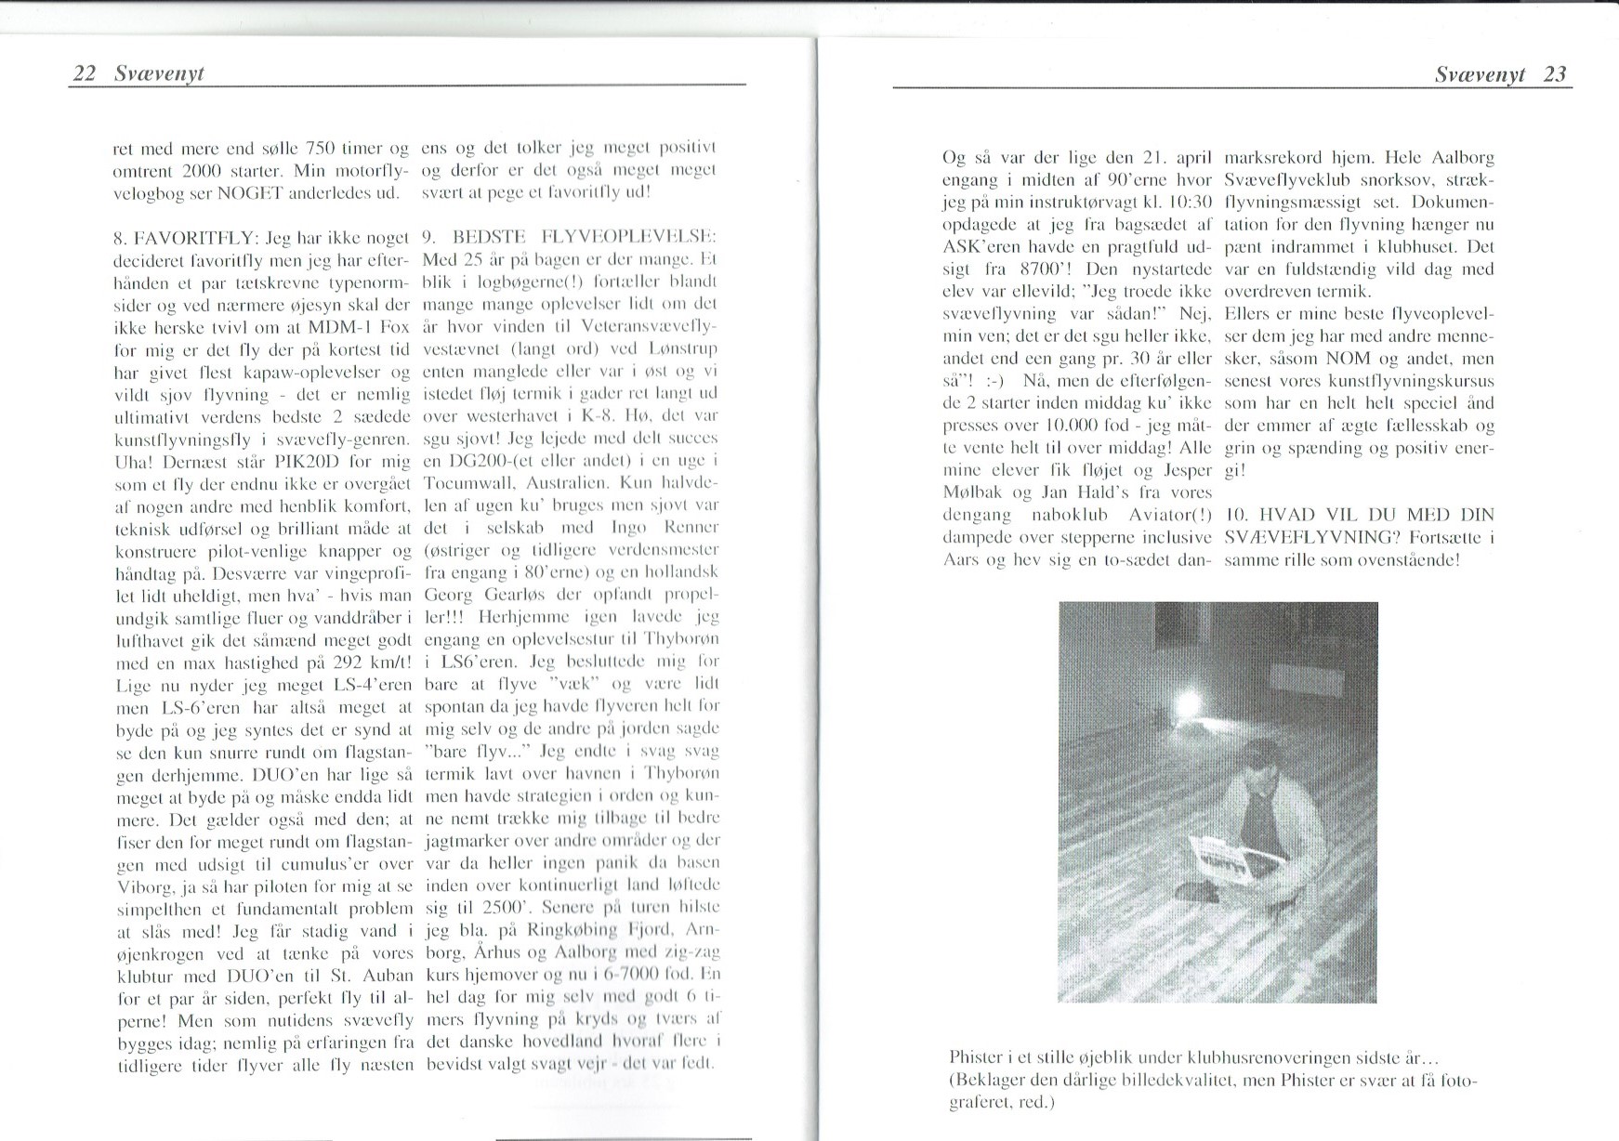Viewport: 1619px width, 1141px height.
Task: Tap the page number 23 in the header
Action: tap(1555, 74)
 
